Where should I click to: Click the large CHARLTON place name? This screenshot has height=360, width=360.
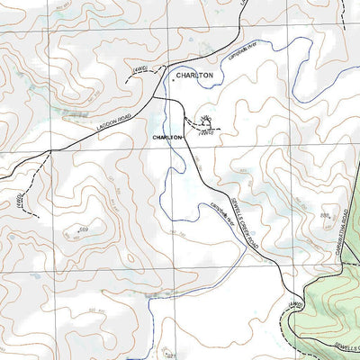coord(194,76)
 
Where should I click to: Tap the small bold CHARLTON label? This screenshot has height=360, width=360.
coord(168,137)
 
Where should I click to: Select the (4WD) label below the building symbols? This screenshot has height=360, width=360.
coord(206,133)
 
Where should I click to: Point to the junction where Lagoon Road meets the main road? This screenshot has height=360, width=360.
coord(153,96)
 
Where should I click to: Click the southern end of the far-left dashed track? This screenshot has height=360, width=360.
coord(38,216)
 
